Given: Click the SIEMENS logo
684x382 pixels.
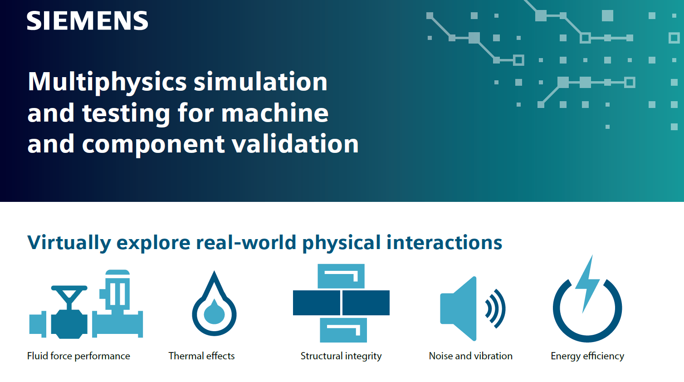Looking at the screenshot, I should [87, 21].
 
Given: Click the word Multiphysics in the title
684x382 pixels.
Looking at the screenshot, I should [107, 82].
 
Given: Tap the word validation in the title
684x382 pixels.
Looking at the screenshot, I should [295, 144].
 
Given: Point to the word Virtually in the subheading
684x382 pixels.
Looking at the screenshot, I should [69, 243].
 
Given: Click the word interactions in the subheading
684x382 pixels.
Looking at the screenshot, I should [444, 243].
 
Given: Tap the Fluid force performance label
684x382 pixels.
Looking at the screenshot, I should [78, 356].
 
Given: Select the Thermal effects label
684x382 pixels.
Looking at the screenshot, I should [201, 356].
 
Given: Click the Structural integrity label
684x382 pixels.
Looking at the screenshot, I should [341, 356].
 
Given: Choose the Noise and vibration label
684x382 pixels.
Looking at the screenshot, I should [470, 356].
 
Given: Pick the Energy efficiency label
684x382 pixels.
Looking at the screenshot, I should [587, 356].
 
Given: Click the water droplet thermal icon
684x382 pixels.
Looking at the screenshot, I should [214, 306].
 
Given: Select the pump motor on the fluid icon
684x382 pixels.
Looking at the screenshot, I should [117, 290].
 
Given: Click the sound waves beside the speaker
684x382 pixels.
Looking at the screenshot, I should [496, 309].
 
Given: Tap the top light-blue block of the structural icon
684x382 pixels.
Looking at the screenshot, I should [341, 276].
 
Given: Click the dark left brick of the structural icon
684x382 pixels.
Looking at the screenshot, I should [316, 303].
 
